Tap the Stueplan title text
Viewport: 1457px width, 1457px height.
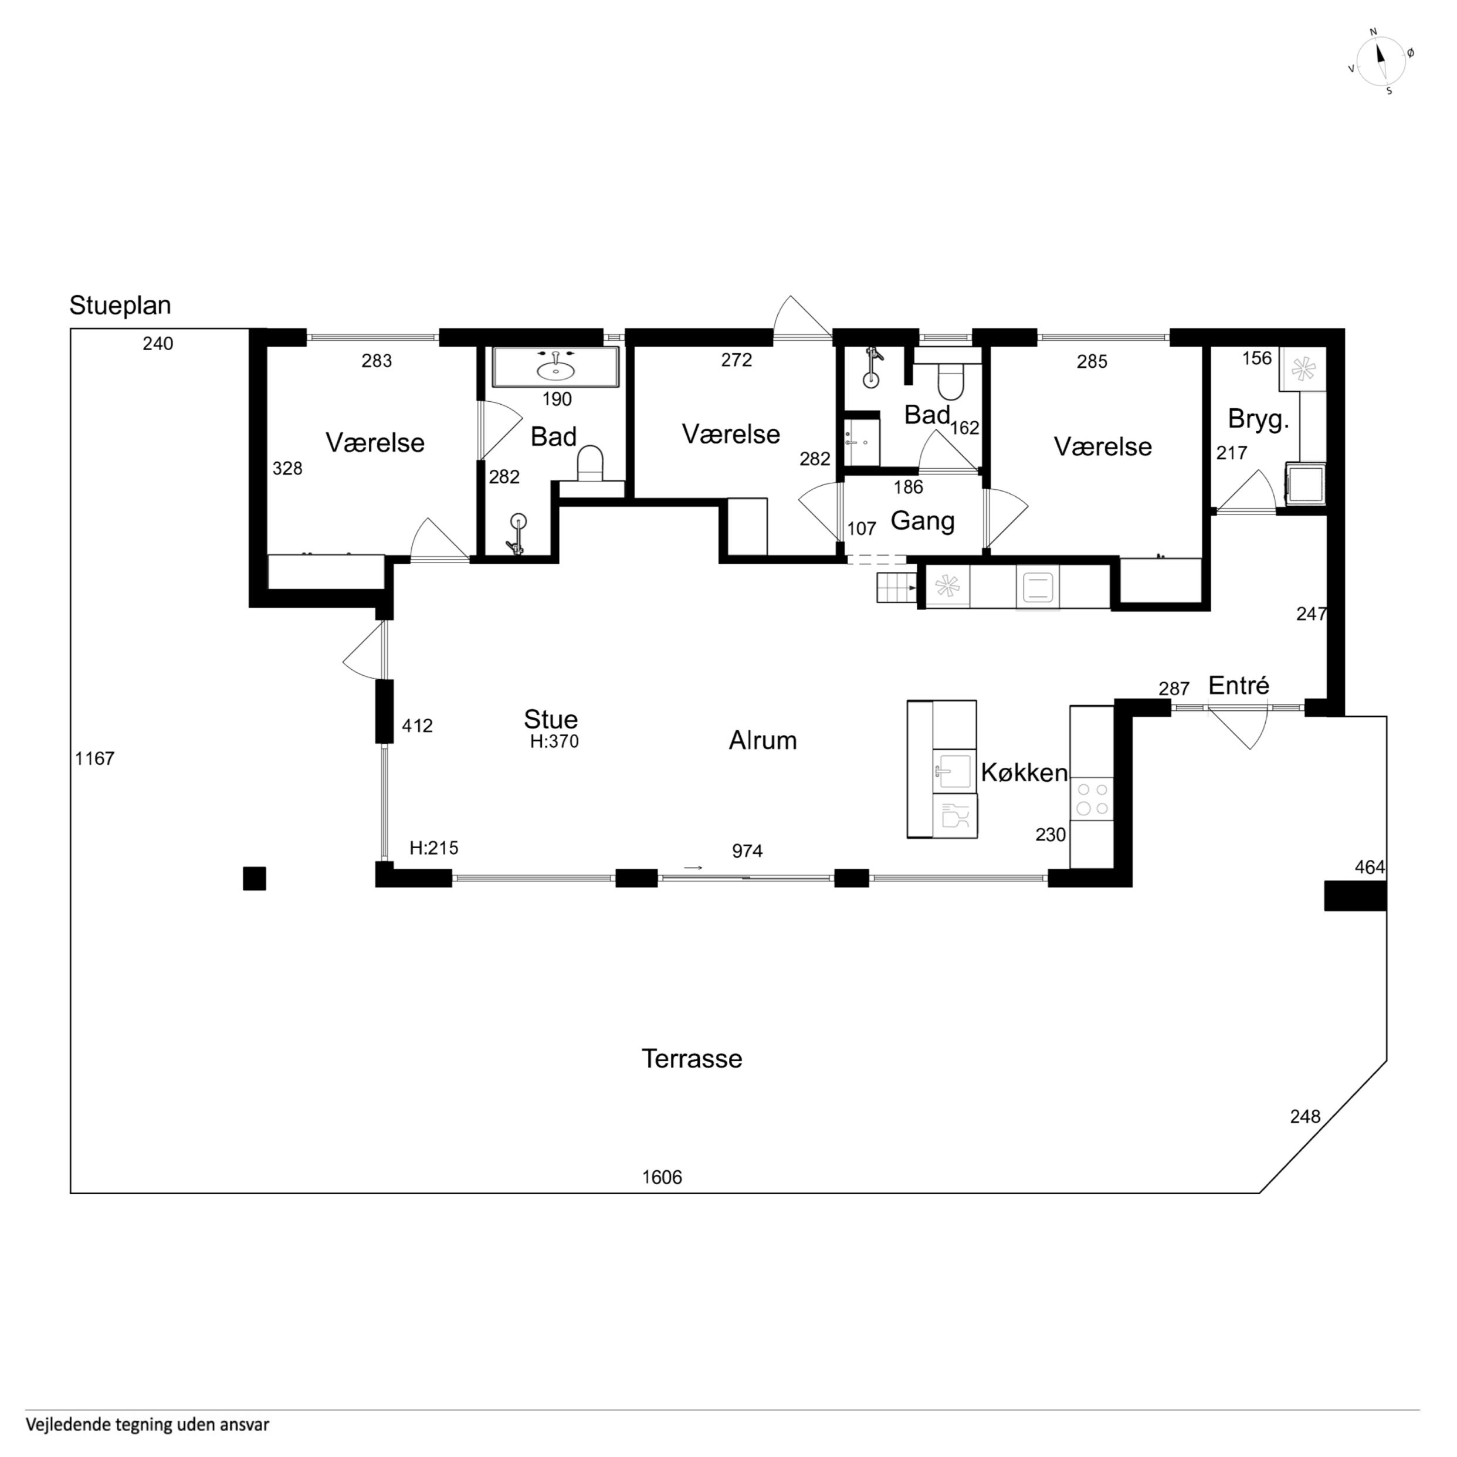pyautogui.click(x=120, y=306)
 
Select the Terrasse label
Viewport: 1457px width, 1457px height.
pyautogui.click(x=692, y=1059)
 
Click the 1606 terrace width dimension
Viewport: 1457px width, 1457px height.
pyautogui.click(x=662, y=1177)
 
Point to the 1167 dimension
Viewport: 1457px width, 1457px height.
pyautogui.click(x=94, y=758)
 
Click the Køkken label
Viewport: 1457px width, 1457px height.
pyautogui.click(x=1024, y=773)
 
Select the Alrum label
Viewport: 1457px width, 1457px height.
pyautogui.click(x=763, y=741)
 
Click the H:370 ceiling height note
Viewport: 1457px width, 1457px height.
pyautogui.click(x=554, y=742)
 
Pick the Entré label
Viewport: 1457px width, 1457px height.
pyautogui.click(x=1238, y=686)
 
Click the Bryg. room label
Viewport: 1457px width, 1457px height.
pyautogui.click(x=1258, y=420)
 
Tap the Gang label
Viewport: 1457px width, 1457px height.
pyautogui.click(x=922, y=521)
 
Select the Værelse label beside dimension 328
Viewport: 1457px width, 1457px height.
pyautogui.click(x=375, y=443)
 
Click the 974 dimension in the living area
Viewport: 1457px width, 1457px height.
pyautogui.click(x=747, y=852)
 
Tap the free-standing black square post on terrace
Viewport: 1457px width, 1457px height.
pyautogui.click(x=254, y=879)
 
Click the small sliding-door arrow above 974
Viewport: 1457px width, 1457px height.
pyautogui.click(x=693, y=868)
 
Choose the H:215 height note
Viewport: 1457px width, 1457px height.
pyautogui.click(x=433, y=848)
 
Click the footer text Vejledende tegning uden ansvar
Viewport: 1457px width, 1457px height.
pyautogui.click(x=147, y=1425)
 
